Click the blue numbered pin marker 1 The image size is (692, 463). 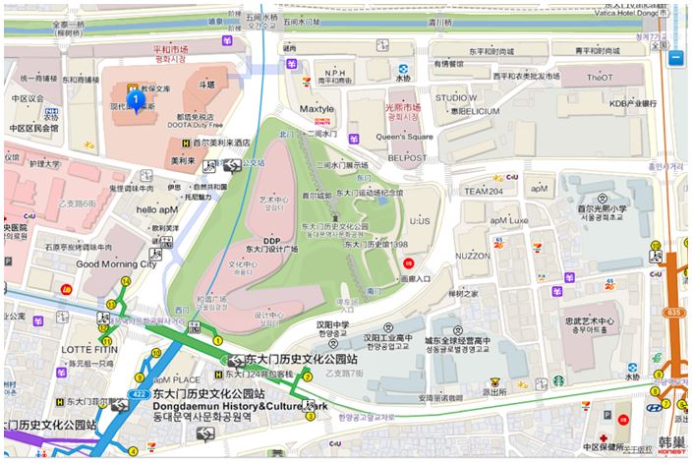click(x=133, y=100)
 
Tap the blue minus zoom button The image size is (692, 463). click(x=676, y=58)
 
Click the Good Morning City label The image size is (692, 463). click(x=116, y=263)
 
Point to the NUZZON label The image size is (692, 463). click(x=473, y=256)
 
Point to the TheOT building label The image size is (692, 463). click(x=600, y=77)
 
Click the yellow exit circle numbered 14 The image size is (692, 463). click(x=125, y=282)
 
